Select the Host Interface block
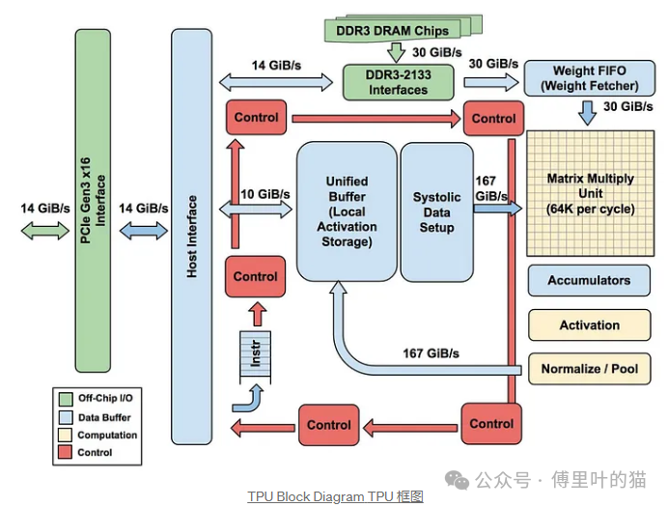pyautogui.click(x=191, y=237)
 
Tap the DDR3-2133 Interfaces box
pyautogui.click(x=397, y=82)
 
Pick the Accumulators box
pyautogui.click(x=588, y=281)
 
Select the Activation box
pyautogui.click(x=588, y=325)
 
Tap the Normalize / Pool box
pyautogui.click(x=588, y=369)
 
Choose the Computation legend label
pyautogui.click(x=107, y=435)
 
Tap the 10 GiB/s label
pyautogui.click(x=265, y=194)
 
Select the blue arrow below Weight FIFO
pyautogui.click(x=586, y=114)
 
